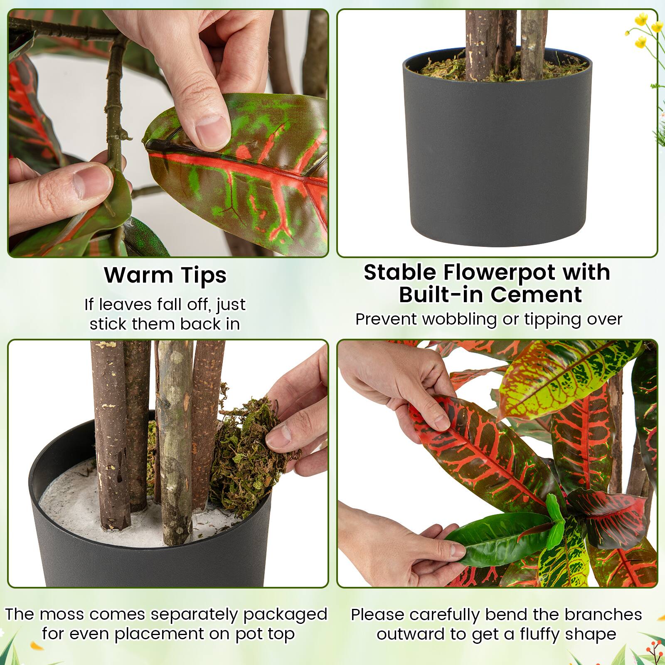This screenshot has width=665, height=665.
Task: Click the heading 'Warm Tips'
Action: (x=165, y=275)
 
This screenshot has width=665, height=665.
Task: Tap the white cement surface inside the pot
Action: (x=71, y=507)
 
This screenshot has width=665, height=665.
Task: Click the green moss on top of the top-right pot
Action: (x=445, y=69)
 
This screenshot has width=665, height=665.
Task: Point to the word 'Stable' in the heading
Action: (x=400, y=273)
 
